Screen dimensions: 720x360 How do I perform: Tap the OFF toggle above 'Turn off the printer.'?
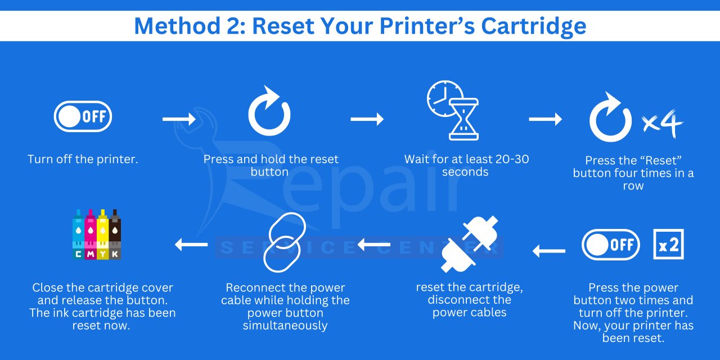(83, 116)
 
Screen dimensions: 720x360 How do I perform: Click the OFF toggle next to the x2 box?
(611, 245)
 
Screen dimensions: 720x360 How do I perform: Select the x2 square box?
(669, 244)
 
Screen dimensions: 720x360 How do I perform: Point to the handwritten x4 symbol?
(663, 124)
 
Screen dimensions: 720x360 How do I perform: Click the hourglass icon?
(463, 119)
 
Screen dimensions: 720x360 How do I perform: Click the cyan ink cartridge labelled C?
(78, 235)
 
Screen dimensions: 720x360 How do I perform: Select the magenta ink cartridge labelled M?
(91, 235)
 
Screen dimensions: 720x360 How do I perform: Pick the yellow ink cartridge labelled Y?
(103, 235)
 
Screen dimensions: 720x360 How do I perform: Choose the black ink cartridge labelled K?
(115, 235)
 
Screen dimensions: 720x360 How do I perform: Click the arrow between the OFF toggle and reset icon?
(179, 119)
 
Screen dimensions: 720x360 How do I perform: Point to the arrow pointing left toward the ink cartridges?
(191, 245)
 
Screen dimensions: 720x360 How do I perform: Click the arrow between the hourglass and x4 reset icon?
(546, 119)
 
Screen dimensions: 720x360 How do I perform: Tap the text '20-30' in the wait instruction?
(512, 159)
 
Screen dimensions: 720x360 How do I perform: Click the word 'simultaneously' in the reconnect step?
(285, 326)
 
